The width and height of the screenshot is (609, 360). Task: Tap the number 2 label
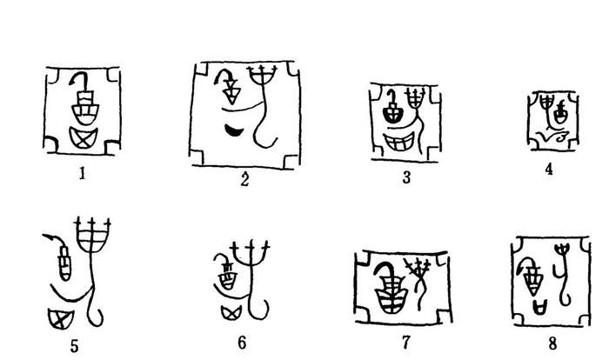click(x=245, y=180)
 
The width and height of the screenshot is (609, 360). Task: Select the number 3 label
click(x=405, y=178)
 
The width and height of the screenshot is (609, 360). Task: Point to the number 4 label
click(x=549, y=169)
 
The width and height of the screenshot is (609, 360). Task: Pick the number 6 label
click(x=242, y=343)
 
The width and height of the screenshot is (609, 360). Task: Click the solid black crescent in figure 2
click(x=234, y=131)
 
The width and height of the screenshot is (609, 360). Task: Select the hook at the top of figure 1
click(x=84, y=81)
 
